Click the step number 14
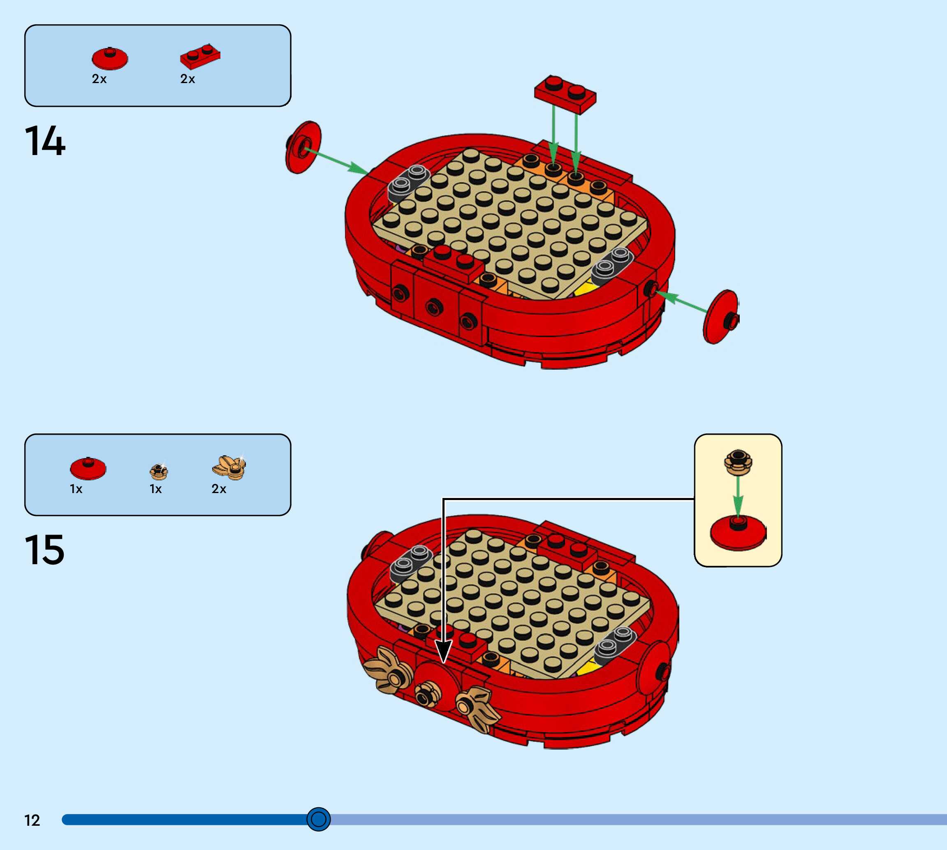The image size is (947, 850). point(45,141)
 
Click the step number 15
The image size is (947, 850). point(44,550)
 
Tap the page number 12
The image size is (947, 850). point(32,820)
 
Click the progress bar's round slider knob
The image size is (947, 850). point(318,819)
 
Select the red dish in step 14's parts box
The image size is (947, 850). point(110,58)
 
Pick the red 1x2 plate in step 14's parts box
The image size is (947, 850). point(200,56)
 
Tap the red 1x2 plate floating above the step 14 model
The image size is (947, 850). point(565,94)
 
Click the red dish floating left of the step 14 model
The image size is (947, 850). point(303,147)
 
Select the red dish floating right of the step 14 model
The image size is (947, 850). point(720,317)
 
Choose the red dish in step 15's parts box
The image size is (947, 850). point(88,468)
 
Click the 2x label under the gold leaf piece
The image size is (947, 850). point(218,489)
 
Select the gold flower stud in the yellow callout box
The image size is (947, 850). point(738,462)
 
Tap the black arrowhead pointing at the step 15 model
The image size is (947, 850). point(443,651)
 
